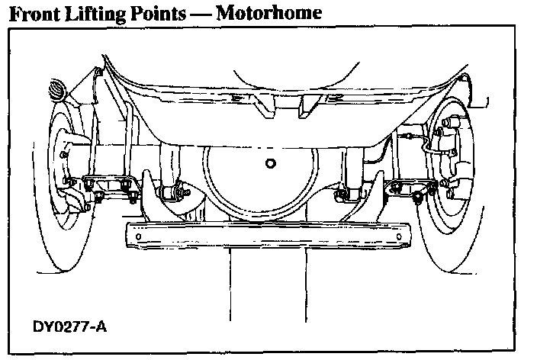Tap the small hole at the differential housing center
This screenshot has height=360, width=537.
pyautogui.click(x=268, y=162)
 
